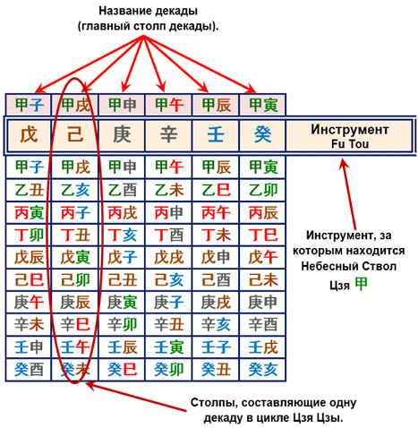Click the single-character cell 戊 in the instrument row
pyautogui.click(x=29, y=135)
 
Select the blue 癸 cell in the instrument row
pyautogui.click(x=262, y=135)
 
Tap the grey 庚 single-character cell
pyautogui.click(x=122, y=135)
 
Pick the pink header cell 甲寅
pyautogui.click(x=263, y=105)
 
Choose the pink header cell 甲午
pyautogui.click(x=169, y=105)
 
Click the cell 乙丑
pyautogui.click(x=29, y=190)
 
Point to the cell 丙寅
pyautogui.click(x=29, y=212)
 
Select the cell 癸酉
pyautogui.click(x=29, y=370)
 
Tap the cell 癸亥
pyautogui.click(x=263, y=370)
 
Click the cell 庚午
pyautogui.click(x=29, y=302)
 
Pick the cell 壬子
pyautogui.click(x=216, y=347)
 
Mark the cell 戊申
pyautogui.click(x=216, y=257)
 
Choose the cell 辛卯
pyautogui.click(x=122, y=324)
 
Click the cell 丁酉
pyautogui.click(x=169, y=235)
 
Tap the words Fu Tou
pyautogui.click(x=350, y=144)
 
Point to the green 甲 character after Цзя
pyautogui.click(x=361, y=284)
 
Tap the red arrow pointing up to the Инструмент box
pyautogui.click(x=349, y=194)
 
